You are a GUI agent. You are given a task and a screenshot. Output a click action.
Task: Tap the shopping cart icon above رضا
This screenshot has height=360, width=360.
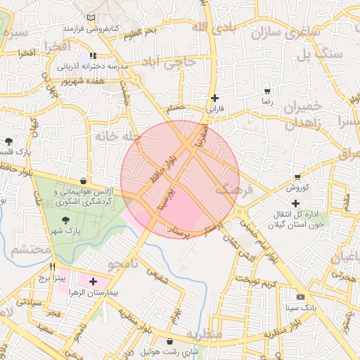coord(266,91)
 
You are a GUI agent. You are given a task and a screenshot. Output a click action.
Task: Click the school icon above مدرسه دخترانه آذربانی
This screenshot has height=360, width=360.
coord(92,55)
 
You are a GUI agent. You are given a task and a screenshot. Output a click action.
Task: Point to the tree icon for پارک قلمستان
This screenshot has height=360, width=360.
coord(8,141)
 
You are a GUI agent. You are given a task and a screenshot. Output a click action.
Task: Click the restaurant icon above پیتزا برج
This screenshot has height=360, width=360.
coord(53,267)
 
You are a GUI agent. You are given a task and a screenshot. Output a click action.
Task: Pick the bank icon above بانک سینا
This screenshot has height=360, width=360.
coord(301,297)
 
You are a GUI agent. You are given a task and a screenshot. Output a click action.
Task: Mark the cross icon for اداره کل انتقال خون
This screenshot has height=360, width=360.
coord(295,204)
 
